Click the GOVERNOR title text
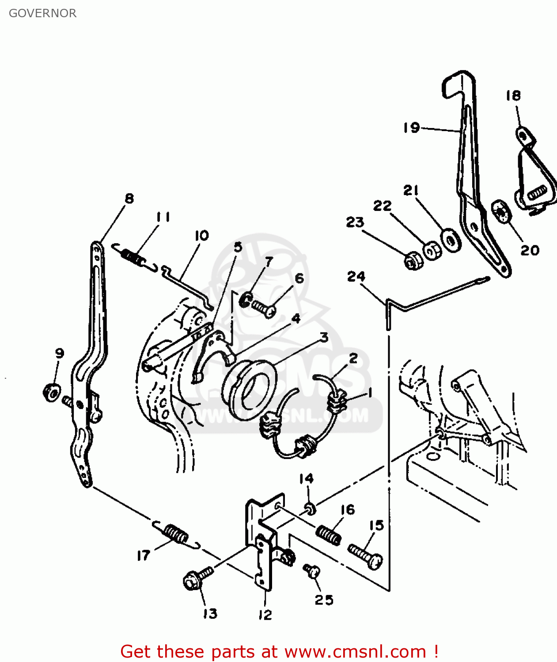[42, 13]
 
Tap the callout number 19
[411, 128]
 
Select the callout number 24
[356, 277]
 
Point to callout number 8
[129, 199]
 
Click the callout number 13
[210, 613]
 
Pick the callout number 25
[324, 600]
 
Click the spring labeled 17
[176, 534]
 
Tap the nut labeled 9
[52, 392]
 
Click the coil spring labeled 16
[329, 535]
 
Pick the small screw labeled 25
[311, 571]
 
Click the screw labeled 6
[264, 308]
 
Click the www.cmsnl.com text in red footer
[355, 651]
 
